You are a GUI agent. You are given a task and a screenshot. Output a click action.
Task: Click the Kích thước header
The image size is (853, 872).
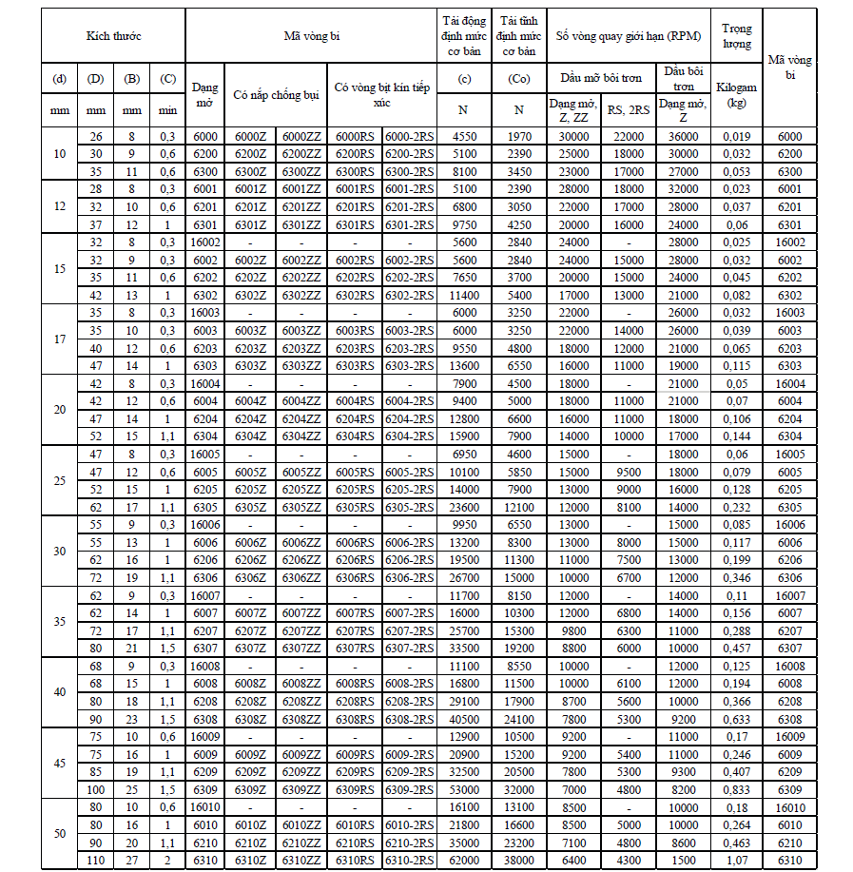(x=113, y=36)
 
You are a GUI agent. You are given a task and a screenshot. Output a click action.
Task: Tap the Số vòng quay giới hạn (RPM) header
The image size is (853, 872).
(x=629, y=36)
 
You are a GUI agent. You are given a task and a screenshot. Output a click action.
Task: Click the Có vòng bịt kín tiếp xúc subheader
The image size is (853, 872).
(x=382, y=94)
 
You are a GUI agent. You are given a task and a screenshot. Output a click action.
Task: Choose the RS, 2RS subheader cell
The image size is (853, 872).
(x=629, y=109)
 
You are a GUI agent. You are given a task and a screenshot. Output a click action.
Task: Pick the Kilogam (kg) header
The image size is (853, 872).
(x=736, y=94)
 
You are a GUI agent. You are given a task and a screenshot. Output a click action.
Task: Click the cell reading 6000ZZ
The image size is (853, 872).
(x=302, y=136)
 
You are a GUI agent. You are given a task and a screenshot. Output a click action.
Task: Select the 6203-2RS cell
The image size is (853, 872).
(x=410, y=348)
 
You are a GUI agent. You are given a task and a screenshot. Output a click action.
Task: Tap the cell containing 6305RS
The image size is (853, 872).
(x=356, y=507)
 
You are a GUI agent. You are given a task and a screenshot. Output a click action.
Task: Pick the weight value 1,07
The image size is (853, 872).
(x=736, y=860)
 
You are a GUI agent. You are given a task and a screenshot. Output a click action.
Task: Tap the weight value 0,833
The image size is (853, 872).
(x=736, y=788)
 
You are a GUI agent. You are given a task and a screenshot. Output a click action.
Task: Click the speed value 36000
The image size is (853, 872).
(x=682, y=136)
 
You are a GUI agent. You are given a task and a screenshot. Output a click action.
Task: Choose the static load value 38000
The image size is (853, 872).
(x=519, y=860)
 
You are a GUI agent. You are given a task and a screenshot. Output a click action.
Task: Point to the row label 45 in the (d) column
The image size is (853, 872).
(x=60, y=762)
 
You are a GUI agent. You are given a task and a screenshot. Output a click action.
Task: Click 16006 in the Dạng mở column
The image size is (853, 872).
(x=205, y=524)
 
